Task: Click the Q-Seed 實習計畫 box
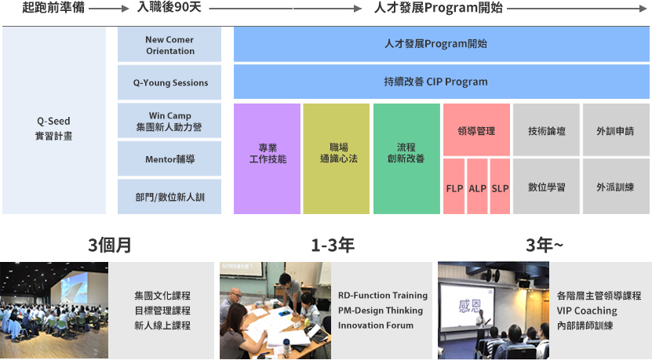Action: (x=54, y=121)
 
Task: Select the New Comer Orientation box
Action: (x=169, y=45)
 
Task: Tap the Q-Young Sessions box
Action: (x=169, y=82)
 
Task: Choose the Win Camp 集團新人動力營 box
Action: (x=169, y=121)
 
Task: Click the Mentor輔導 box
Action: (x=169, y=158)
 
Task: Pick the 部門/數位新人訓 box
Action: (x=169, y=197)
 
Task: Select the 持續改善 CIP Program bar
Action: (x=441, y=82)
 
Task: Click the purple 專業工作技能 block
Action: (x=267, y=158)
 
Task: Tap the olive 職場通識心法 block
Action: (x=337, y=158)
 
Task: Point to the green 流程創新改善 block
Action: (x=406, y=158)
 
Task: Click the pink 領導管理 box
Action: (x=476, y=129)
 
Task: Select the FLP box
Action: (x=454, y=186)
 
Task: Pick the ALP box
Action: (x=477, y=186)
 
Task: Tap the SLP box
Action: (x=500, y=186)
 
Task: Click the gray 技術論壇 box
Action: (x=546, y=129)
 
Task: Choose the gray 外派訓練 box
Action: (x=616, y=186)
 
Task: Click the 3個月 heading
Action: (x=110, y=245)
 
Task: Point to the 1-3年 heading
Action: (x=333, y=245)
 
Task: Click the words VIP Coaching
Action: (x=587, y=311)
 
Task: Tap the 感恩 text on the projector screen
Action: (x=469, y=307)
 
